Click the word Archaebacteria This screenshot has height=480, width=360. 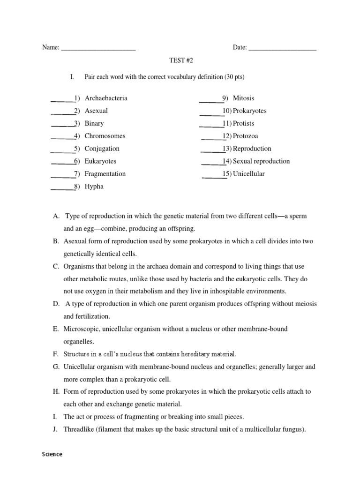(x=106, y=98)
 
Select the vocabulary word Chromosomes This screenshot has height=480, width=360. (x=105, y=136)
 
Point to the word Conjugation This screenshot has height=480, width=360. (x=102, y=149)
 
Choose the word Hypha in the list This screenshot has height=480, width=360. (x=94, y=187)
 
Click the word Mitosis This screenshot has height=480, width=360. (x=244, y=98)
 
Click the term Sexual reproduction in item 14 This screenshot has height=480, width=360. (x=262, y=161)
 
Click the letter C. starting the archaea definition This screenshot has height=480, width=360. (x=56, y=266)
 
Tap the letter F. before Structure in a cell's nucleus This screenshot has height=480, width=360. (x=55, y=353)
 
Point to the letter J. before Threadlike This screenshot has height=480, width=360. (x=55, y=429)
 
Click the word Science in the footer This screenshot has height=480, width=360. (x=52, y=454)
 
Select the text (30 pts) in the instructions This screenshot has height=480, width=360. (x=233, y=77)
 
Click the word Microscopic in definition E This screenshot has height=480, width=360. (x=80, y=329)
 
